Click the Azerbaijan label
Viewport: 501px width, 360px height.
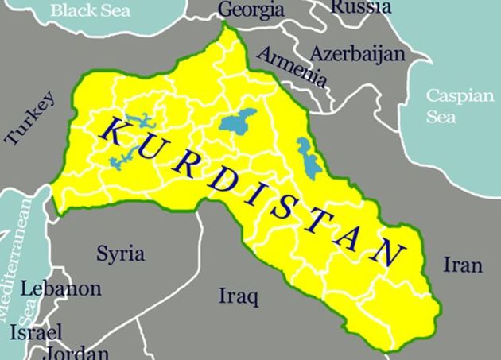coord(357,54)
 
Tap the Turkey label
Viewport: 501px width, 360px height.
coord(30,118)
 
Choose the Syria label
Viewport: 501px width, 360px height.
coord(120,254)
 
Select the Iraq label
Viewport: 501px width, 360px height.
coord(239,297)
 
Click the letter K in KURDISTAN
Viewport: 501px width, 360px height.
coord(112,131)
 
